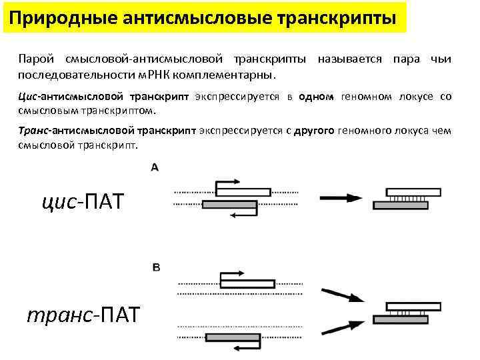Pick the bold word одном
pyautogui.click(x=316, y=97)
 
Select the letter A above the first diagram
pyautogui.click(x=155, y=167)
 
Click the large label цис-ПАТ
pyautogui.click(x=81, y=200)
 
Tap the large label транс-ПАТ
pyautogui.click(x=83, y=314)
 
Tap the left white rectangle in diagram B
pyautogui.click(x=247, y=283)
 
